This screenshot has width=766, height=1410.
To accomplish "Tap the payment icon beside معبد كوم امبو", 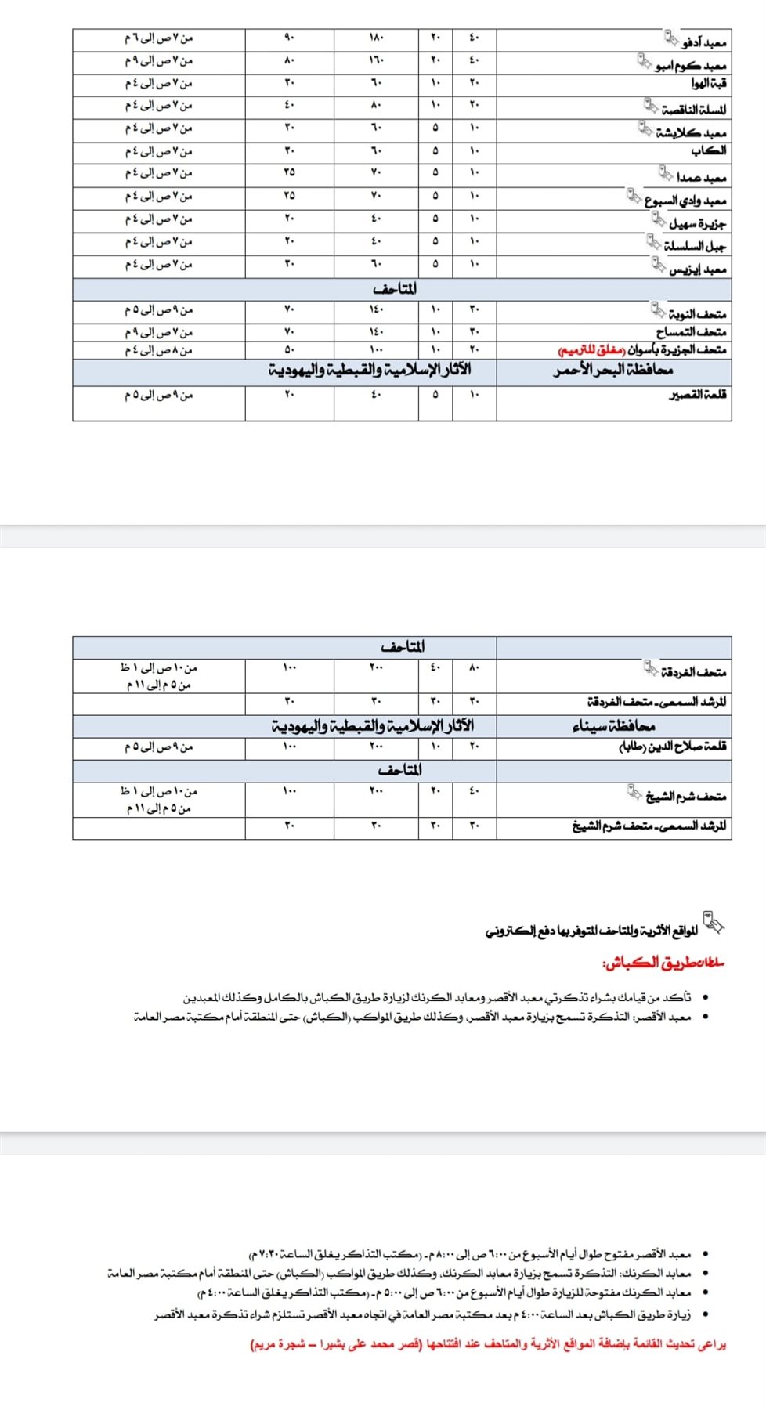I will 645,60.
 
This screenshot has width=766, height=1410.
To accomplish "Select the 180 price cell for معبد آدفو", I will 375,38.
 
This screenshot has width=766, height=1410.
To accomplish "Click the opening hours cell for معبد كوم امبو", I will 158,60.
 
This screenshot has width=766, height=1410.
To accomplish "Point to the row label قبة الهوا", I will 709,83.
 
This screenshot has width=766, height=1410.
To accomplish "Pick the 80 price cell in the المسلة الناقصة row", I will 375,105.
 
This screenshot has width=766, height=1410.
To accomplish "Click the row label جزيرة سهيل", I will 697,223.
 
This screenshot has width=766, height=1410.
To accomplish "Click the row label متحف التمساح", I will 692,332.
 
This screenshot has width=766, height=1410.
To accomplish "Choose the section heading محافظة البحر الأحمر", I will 613,371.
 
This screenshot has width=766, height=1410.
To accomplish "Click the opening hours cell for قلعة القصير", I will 158,395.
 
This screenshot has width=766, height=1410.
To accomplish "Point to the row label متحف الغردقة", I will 693,672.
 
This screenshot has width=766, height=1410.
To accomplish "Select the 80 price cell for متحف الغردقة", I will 474,668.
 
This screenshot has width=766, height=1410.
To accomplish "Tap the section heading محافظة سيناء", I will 613,726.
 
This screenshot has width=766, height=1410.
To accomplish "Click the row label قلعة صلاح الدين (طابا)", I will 673,747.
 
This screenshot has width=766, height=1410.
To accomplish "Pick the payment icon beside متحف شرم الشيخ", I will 634,793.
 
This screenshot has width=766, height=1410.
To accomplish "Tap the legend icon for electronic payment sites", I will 713,923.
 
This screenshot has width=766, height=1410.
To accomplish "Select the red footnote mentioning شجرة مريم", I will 487,1344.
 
